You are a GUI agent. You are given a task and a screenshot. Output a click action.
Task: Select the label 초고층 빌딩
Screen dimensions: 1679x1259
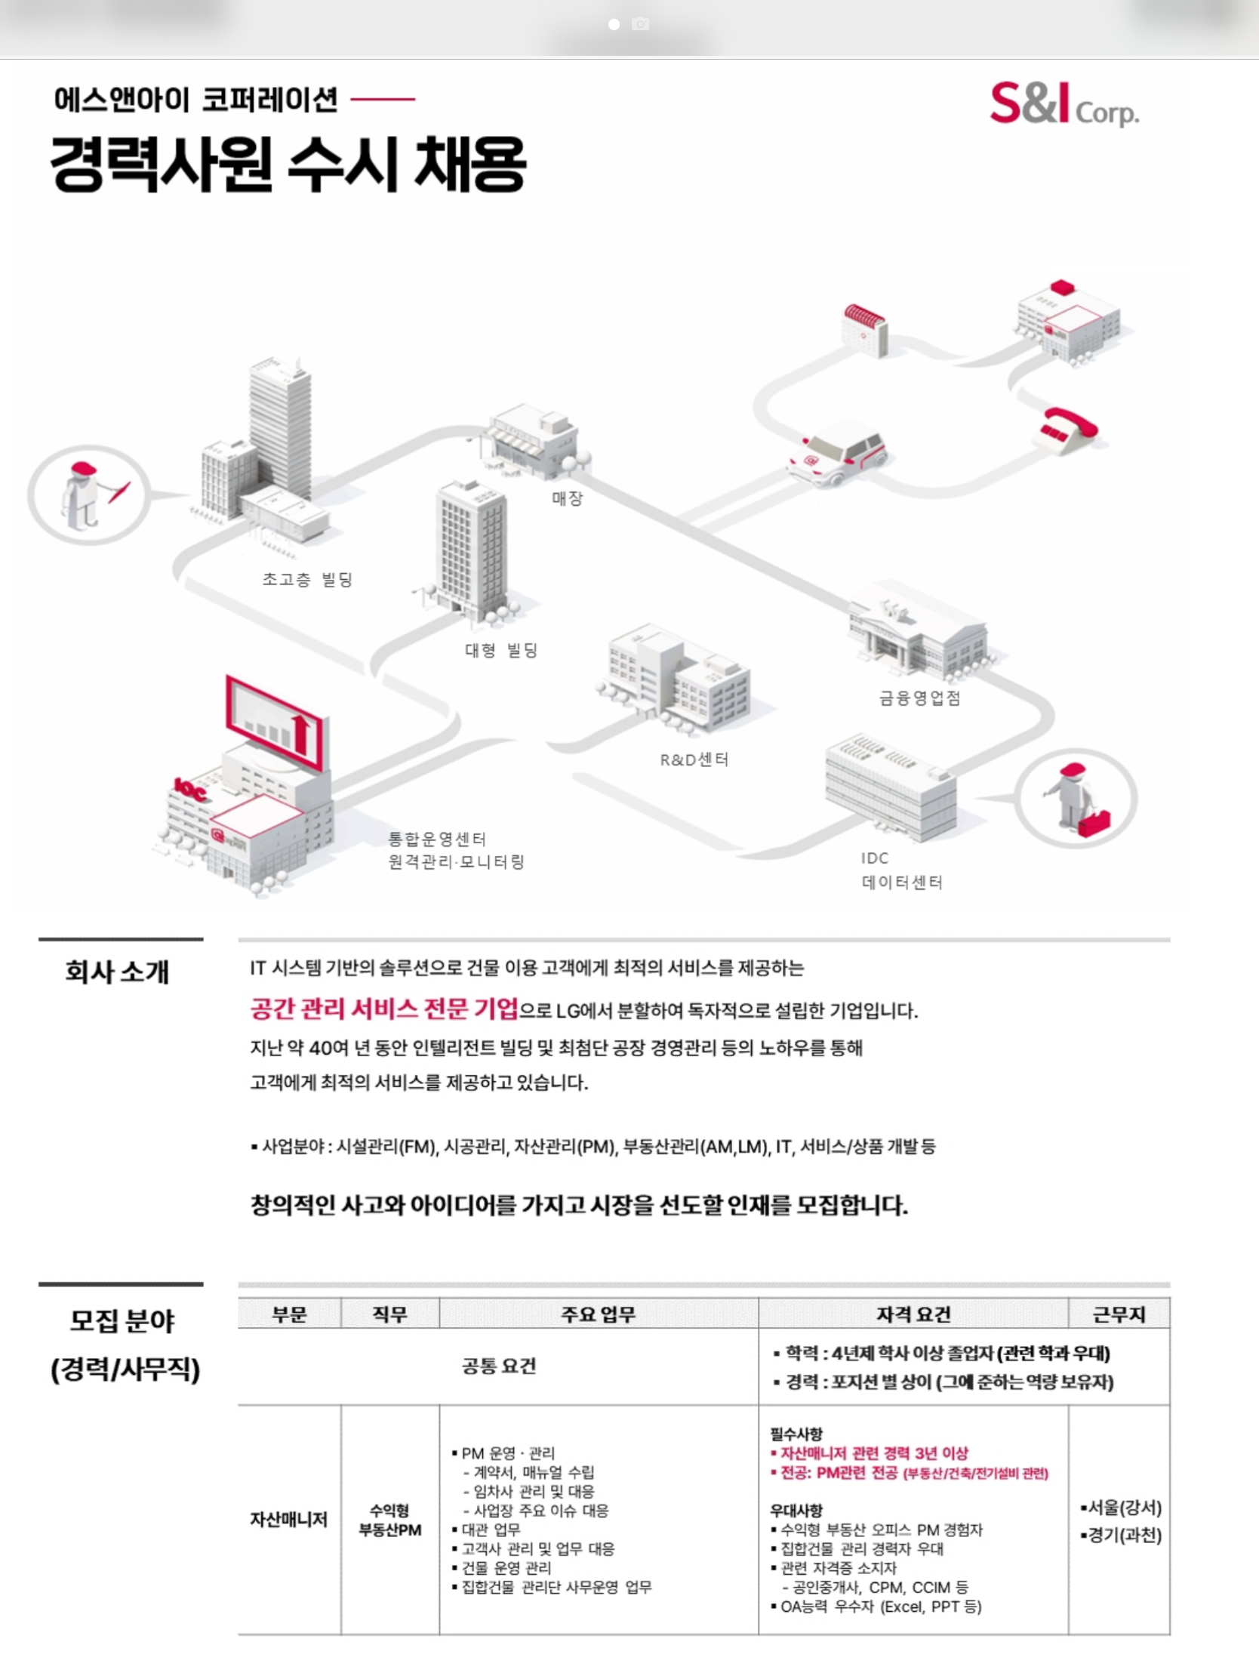point(307,579)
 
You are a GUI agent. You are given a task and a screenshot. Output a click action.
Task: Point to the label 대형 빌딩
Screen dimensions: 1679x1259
point(501,650)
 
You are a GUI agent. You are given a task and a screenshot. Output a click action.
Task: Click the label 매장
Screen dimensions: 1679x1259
point(567,498)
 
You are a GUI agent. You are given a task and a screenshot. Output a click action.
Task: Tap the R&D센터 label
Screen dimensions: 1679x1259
point(694,759)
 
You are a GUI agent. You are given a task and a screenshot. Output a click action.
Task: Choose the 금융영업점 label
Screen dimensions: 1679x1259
point(920,698)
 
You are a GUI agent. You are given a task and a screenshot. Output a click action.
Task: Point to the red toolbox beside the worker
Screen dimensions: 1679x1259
point(1094,823)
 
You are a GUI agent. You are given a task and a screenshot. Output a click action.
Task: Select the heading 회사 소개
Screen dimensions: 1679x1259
point(118,972)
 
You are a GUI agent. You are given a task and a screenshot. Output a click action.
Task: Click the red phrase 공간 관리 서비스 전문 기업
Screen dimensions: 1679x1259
point(384,1009)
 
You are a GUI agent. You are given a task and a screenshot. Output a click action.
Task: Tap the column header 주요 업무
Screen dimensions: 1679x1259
point(598,1314)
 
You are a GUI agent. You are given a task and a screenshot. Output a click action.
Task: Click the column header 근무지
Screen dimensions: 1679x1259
point(1119,1314)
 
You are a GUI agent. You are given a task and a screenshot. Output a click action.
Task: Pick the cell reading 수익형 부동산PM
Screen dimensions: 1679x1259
point(390,1520)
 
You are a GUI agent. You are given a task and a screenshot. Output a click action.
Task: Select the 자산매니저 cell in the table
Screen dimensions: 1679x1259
point(289,1520)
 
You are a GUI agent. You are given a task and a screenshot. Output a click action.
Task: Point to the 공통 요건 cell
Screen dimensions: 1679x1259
point(499,1366)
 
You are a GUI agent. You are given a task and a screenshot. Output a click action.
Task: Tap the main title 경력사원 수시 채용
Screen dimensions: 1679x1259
point(288,164)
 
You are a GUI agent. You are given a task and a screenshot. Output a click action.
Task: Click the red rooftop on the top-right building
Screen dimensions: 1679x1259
point(1063,288)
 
